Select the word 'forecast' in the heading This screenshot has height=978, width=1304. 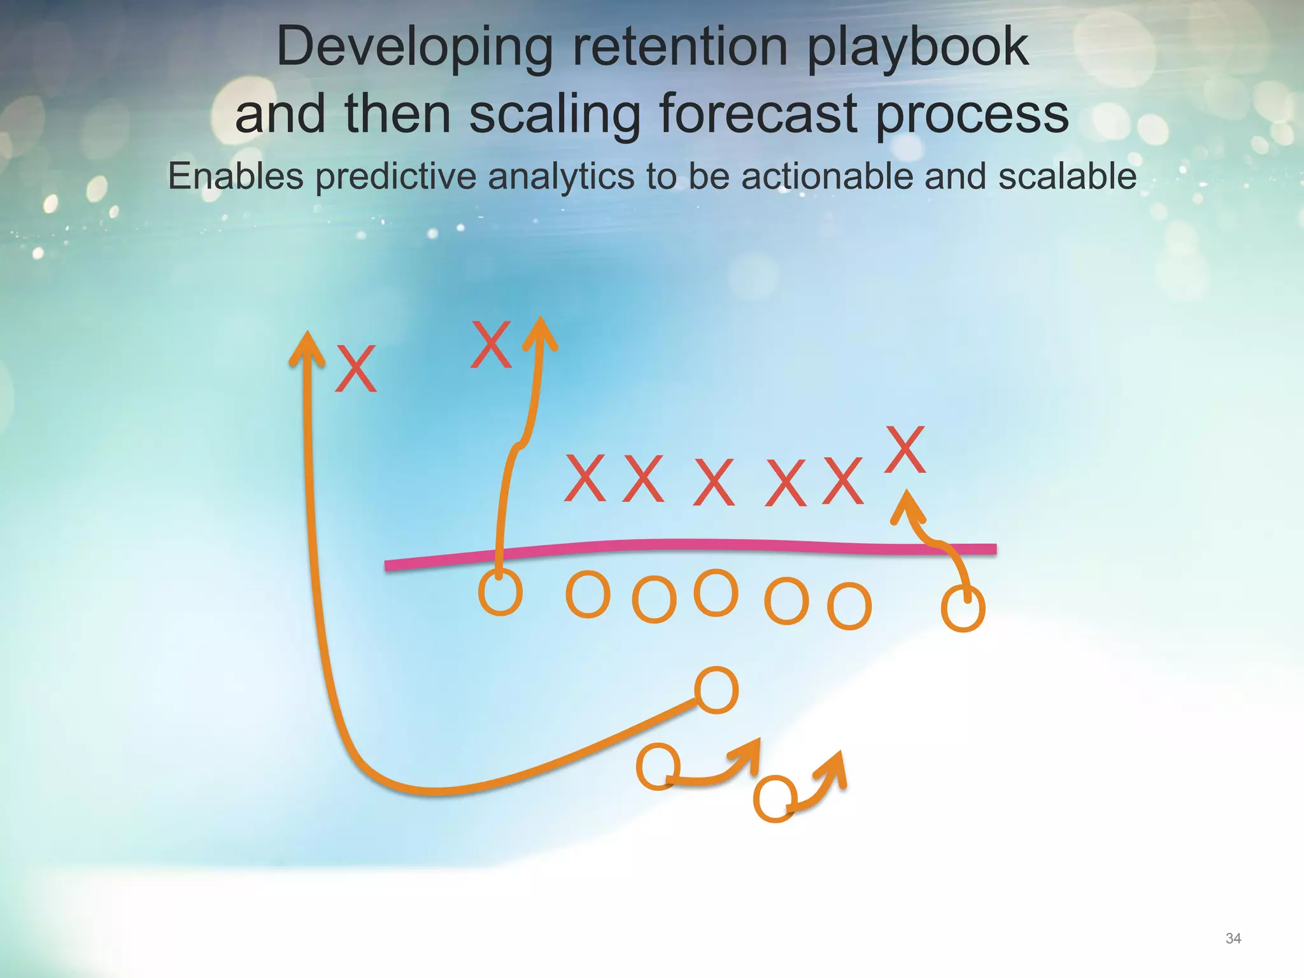tap(758, 114)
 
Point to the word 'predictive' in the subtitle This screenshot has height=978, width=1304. tap(395, 176)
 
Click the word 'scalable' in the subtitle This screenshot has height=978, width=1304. tap(1067, 176)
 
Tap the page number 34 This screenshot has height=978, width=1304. tap(1233, 938)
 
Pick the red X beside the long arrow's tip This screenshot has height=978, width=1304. tap(355, 369)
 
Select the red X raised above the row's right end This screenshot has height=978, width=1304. tap(905, 450)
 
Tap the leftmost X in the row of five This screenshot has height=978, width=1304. tap(584, 478)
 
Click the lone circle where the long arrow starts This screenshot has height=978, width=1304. tap(716, 690)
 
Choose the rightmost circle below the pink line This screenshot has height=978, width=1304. tap(963, 609)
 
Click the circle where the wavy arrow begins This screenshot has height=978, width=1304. tap(500, 593)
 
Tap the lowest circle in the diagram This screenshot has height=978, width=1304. tap(774, 799)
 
